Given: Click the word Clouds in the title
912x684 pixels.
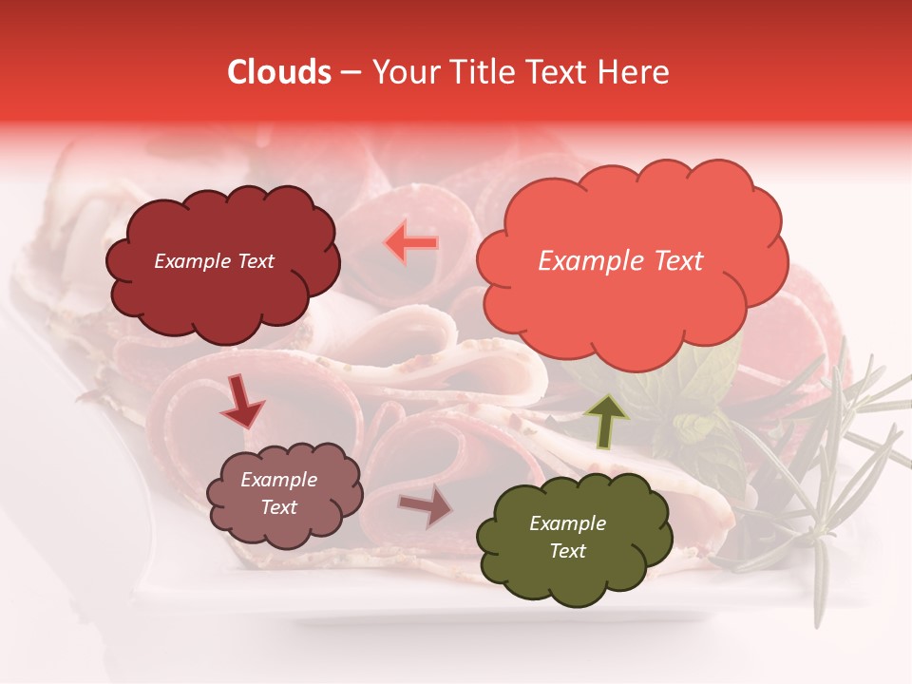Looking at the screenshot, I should (279, 72).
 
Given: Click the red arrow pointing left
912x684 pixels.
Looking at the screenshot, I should (411, 243).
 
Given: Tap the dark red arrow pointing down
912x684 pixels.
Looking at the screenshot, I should (242, 400).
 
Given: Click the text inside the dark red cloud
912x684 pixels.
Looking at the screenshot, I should (214, 261).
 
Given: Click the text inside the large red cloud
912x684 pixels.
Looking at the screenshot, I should (620, 261).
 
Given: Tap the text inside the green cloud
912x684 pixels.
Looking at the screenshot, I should (567, 537).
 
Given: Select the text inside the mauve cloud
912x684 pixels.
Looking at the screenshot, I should (278, 494).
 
